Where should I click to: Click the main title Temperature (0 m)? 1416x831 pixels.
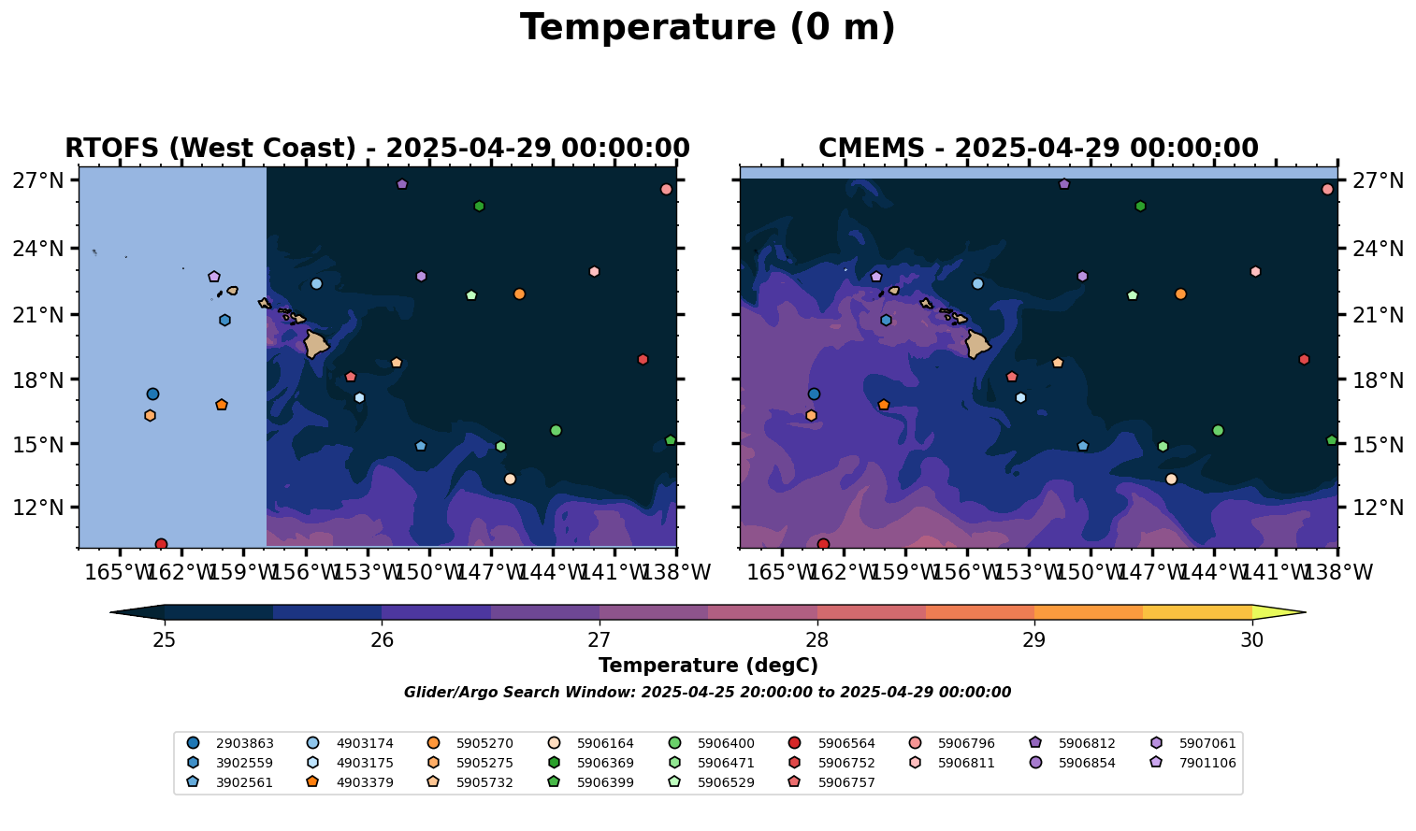tap(707, 28)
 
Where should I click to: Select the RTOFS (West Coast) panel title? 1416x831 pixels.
tap(378, 148)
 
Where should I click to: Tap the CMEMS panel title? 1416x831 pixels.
tap(1038, 148)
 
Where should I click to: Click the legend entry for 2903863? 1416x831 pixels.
tap(230, 743)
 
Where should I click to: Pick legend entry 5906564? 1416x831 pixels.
tap(831, 743)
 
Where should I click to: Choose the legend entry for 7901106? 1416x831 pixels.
tap(1192, 763)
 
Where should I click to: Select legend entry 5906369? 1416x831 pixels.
tap(591, 763)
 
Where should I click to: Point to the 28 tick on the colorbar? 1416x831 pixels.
tap(816, 640)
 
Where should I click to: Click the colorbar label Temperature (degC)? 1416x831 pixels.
tap(708, 666)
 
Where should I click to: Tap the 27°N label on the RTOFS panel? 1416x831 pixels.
tap(38, 180)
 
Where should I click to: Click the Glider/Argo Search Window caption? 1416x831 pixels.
tap(707, 692)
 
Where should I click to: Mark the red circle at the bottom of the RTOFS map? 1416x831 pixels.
tap(161, 544)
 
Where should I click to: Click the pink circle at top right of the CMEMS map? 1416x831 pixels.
tap(1327, 189)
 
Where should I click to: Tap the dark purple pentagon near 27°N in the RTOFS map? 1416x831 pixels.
tap(402, 184)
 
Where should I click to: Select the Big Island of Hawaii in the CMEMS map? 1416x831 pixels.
tap(978, 344)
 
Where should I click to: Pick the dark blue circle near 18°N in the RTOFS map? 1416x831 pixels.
tap(152, 394)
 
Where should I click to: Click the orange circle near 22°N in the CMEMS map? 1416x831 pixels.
tap(1180, 294)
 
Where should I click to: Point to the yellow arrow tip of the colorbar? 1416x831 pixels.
tap(1305, 612)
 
